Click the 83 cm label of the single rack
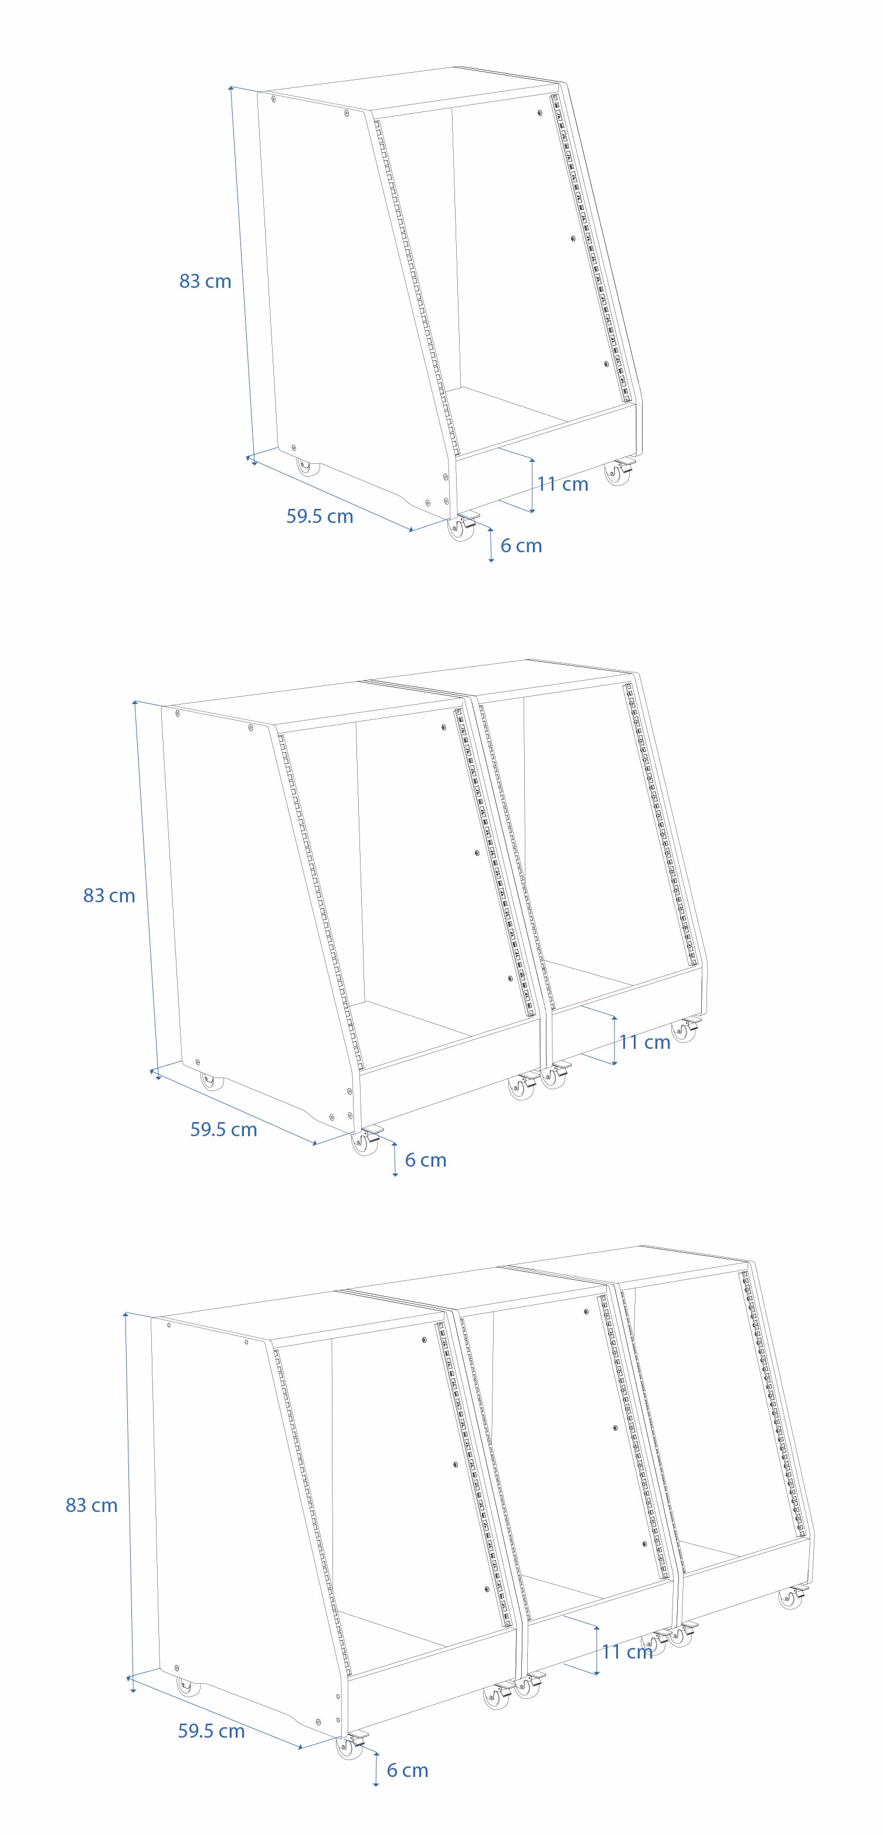click(x=205, y=281)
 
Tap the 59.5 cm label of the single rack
click(x=320, y=516)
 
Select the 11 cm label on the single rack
click(x=563, y=484)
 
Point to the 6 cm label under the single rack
click(x=521, y=546)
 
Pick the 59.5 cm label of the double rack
click(x=224, y=1130)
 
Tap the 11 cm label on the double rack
click(x=645, y=1042)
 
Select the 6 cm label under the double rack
click(x=426, y=1160)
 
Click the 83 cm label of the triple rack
click(x=91, y=1505)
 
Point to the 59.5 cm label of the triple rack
click(x=212, y=1731)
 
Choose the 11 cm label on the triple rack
click(x=627, y=1652)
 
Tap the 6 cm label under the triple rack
click(x=407, y=1770)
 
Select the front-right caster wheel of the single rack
click(x=619, y=473)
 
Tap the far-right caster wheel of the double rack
click(x=684, y=1030)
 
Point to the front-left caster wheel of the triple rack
click(x=349, y=1745)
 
